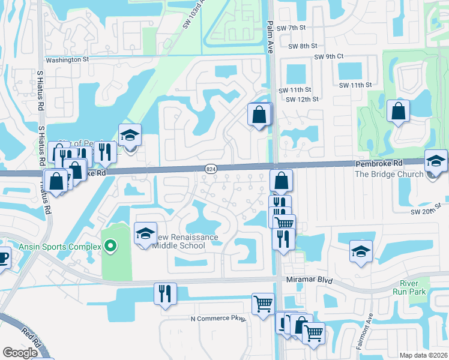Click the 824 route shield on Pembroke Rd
click(x=211, y=170)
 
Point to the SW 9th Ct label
click(x=328, y=57)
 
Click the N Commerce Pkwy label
click(x=218, y=319)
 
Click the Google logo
click(x=20, y=353)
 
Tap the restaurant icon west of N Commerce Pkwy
click(x=164, y=293)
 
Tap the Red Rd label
click(x=32, y=341)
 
